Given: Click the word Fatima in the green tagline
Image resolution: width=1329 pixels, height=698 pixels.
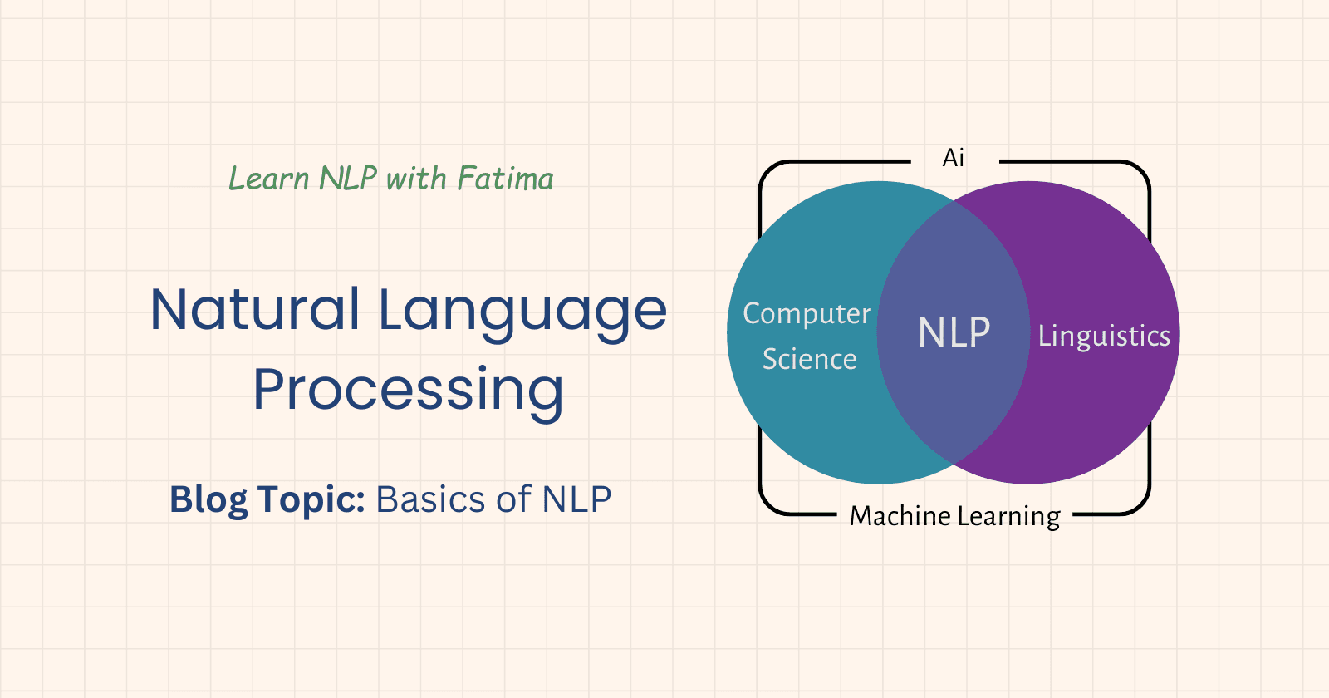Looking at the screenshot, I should pos(505,179).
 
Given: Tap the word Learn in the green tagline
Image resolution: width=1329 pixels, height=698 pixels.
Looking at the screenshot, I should pos(268,179).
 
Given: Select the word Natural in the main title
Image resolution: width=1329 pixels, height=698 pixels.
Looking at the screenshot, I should pos(255,309).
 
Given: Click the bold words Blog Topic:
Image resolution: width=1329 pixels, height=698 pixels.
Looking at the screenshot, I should pos(267,499).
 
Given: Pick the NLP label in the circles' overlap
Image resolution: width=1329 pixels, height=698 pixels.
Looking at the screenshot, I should pos(954,333).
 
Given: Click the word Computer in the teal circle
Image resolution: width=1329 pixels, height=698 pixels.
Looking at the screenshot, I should pos(807,313).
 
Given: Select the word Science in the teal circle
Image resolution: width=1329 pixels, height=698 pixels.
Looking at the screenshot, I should pos(809,359).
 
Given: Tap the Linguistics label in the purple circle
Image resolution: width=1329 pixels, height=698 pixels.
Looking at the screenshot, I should pos(1104,336).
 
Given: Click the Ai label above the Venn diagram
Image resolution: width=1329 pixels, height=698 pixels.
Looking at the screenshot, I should pos(954,158).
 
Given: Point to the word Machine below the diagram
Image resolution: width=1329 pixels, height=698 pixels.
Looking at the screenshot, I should pos(900,516).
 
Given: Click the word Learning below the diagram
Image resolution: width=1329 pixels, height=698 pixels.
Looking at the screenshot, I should pos(1008,517).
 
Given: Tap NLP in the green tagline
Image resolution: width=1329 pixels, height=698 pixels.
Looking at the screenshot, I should pos(348,179).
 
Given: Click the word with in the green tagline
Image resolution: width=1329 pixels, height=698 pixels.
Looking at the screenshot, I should pos(416,179).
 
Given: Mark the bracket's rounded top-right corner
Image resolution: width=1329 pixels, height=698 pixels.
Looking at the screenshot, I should pos(1138,173).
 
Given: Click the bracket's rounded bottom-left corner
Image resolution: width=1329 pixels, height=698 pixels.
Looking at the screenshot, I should pos(772,504).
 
